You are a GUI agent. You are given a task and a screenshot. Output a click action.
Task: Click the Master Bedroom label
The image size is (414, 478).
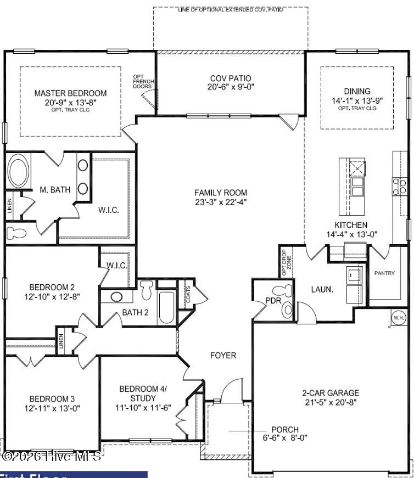coord(70,93)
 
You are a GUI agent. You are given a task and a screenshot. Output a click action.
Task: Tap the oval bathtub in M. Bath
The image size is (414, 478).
coord(19,171)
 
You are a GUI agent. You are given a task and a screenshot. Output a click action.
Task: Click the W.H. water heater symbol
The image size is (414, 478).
coord(398,318)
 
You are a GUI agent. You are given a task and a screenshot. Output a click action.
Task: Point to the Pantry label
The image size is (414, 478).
coord(384,273)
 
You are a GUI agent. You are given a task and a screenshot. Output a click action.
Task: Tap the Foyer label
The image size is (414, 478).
coord(223,356)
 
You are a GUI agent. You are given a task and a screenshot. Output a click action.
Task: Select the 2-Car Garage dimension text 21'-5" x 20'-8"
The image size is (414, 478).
coord(330,403)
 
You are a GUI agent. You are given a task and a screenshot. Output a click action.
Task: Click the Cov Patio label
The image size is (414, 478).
coord(231,78)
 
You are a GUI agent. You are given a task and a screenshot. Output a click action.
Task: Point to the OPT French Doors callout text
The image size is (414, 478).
coord(144,82)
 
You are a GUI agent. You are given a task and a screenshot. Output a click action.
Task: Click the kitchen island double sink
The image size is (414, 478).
coord(357,187)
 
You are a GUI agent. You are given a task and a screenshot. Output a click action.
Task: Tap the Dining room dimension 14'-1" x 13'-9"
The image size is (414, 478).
coord(357,100)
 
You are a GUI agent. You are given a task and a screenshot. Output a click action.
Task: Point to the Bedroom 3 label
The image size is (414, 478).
coord(52,398)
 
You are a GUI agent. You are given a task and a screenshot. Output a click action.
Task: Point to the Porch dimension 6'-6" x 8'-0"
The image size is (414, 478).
coord(284,438)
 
